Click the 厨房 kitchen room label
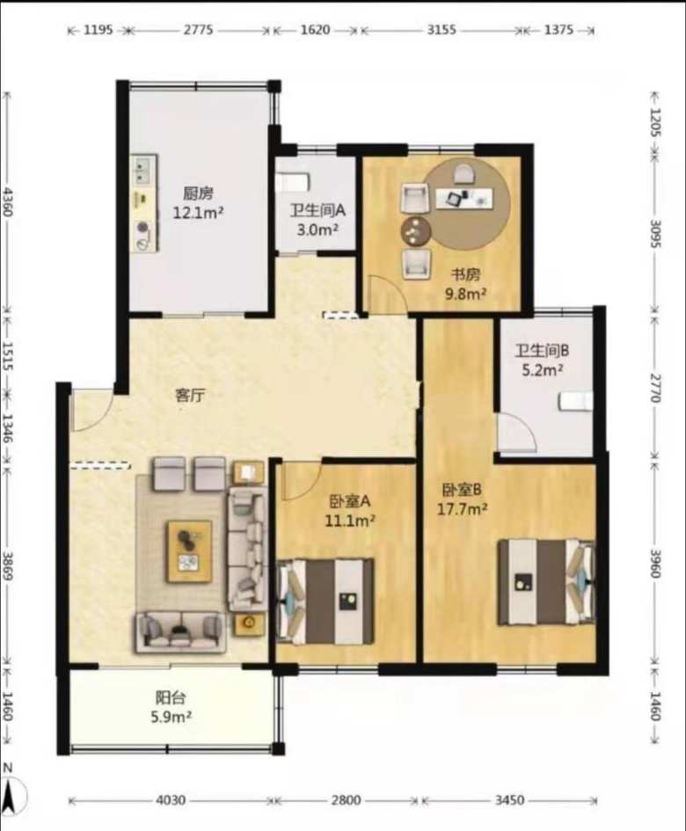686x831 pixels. click(x=198, y=193)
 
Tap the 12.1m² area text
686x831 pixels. click(x=198, y=213)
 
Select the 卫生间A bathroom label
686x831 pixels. click(x=317, y=211)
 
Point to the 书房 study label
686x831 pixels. click(x=465, y=274)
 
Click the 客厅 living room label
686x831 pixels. click(x=190, y=396)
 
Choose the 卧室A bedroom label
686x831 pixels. click(x=350, y=501)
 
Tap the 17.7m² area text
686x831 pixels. click(x=463, y=509)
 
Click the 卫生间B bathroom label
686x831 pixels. click(x=543, y=350)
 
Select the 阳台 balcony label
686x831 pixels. click(x=171, y=697)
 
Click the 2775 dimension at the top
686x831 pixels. click(x=198, y=30)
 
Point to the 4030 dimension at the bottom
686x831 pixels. click(x=171, y=799)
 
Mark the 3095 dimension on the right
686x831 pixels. click(x=655, y=233)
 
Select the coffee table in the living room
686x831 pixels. click(x=190, y=551)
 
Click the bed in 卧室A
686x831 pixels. click(x=325, y=601)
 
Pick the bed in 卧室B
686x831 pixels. click(x=546, y=582)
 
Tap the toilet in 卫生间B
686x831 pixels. click(x=576, y=401)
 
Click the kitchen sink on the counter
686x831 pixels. click(x=143, y=170)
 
